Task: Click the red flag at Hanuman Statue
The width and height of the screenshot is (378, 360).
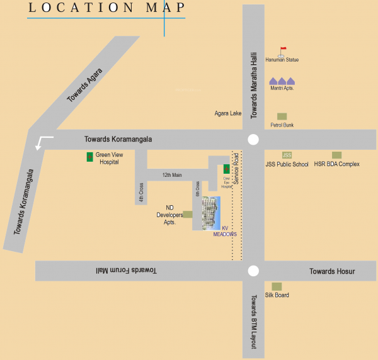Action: click(x=282, y=49)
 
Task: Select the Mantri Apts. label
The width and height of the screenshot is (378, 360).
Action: click(x=282, y=88)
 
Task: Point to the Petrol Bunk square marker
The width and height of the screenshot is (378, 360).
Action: click(x=282, y=116)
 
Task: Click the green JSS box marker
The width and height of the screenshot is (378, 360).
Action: click(x=287, y=155)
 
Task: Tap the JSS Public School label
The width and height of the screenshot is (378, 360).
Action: click(x=287, y=164)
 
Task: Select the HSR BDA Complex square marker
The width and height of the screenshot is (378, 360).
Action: click(x=336, y=155)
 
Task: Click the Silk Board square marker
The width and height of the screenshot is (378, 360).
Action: click(x=277, y=286)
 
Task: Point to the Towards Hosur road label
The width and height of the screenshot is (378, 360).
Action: click(x=332, y=271)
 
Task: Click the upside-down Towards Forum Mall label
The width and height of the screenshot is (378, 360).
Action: click(x=126, y=270)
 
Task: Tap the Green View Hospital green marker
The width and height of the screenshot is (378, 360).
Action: click(x=89, y=155)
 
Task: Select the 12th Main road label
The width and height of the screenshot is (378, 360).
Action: click(x=171, y=175)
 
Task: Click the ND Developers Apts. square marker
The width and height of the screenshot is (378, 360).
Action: click(x=187, y=214)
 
